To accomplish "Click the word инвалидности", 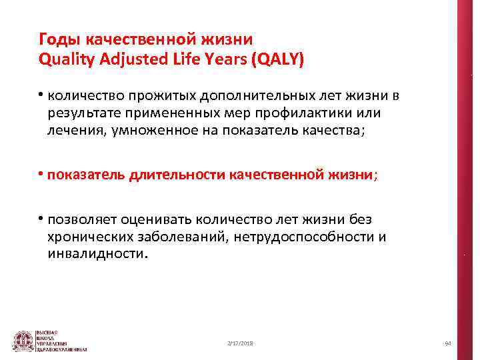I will tap(95, 254).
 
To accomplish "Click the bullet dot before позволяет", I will tap(41, 219).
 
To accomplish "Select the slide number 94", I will tap(448, 343).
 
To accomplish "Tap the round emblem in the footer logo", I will tap(24, 341).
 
